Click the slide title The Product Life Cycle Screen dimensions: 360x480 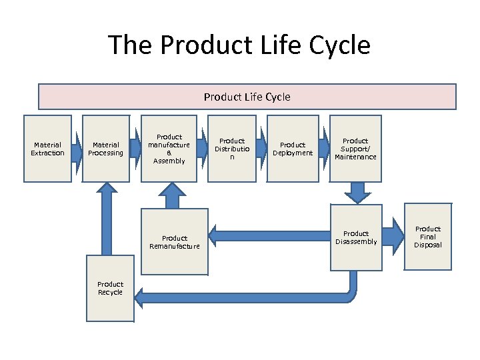pos(239,45)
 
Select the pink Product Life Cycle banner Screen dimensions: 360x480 pos(247,97)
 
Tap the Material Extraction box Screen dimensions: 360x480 pos(47,149)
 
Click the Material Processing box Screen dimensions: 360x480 pos(105,149)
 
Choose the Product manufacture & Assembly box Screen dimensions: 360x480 pos(169,149)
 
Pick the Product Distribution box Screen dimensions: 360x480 pos(231,149)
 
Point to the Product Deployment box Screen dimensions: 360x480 pos(292,149)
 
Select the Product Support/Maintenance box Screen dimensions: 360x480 pos(355,149)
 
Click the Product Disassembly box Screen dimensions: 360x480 pos(356,237)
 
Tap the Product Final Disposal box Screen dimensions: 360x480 pos(427,237)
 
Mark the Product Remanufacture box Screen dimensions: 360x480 pos(175,242)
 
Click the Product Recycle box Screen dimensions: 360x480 pos(110,289)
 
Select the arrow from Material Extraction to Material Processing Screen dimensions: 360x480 pos(79,149)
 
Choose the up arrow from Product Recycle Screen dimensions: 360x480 pos(105,220)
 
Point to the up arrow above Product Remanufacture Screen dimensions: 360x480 pos(171,195)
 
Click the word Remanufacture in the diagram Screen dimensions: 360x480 pos(175,247)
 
